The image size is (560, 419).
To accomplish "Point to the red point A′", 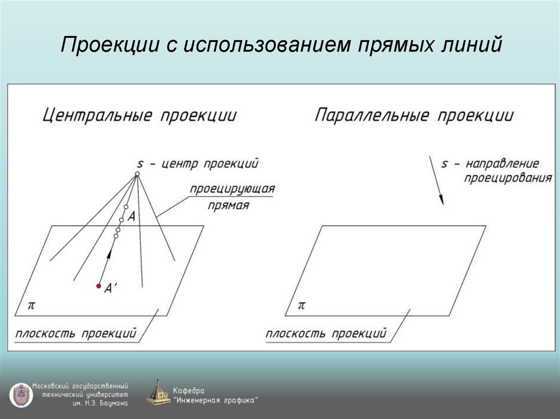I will point(99,286).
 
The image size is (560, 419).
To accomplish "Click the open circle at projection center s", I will point(137,174).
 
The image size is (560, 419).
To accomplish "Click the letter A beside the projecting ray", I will point(131,216).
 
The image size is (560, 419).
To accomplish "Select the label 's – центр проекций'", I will point(197,163).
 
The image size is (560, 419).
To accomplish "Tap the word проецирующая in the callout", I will point(232,189).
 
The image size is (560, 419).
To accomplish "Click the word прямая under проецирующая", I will point(229,206).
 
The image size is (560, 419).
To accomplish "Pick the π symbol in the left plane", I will point(32,305).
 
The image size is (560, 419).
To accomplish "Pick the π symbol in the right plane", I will point(301,305).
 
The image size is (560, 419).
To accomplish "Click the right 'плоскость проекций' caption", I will point(326,333).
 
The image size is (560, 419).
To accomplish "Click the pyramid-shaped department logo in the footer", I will point(158,393).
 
